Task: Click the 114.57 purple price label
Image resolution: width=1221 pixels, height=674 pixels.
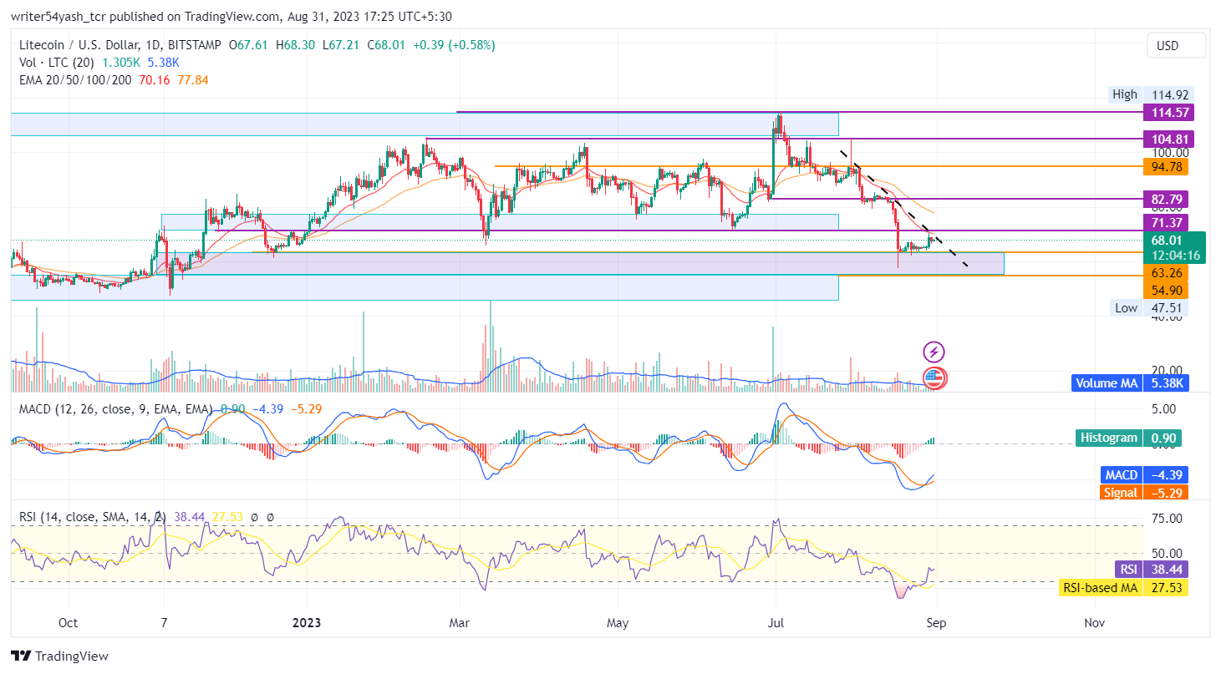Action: point(1168,113)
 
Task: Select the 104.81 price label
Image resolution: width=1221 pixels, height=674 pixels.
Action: point(1168,139)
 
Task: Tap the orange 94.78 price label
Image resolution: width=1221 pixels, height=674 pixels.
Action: point(1168,167)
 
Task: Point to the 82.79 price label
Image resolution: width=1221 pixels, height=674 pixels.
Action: point(1168,200)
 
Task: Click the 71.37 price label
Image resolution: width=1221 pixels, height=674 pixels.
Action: point(1168,222)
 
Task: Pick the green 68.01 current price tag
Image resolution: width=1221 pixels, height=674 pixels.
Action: point(1168,241)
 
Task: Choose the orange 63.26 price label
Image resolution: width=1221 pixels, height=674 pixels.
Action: point(1168,272)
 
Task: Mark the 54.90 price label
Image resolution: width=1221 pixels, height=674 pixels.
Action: point(1168,290)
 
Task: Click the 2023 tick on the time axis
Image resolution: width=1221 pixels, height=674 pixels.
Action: point(306,623)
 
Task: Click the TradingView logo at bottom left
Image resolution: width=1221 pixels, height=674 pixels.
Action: point(59,656)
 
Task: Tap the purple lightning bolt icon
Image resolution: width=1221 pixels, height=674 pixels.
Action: point(934,352)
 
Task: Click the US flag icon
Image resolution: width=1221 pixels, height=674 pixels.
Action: point(934,378)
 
